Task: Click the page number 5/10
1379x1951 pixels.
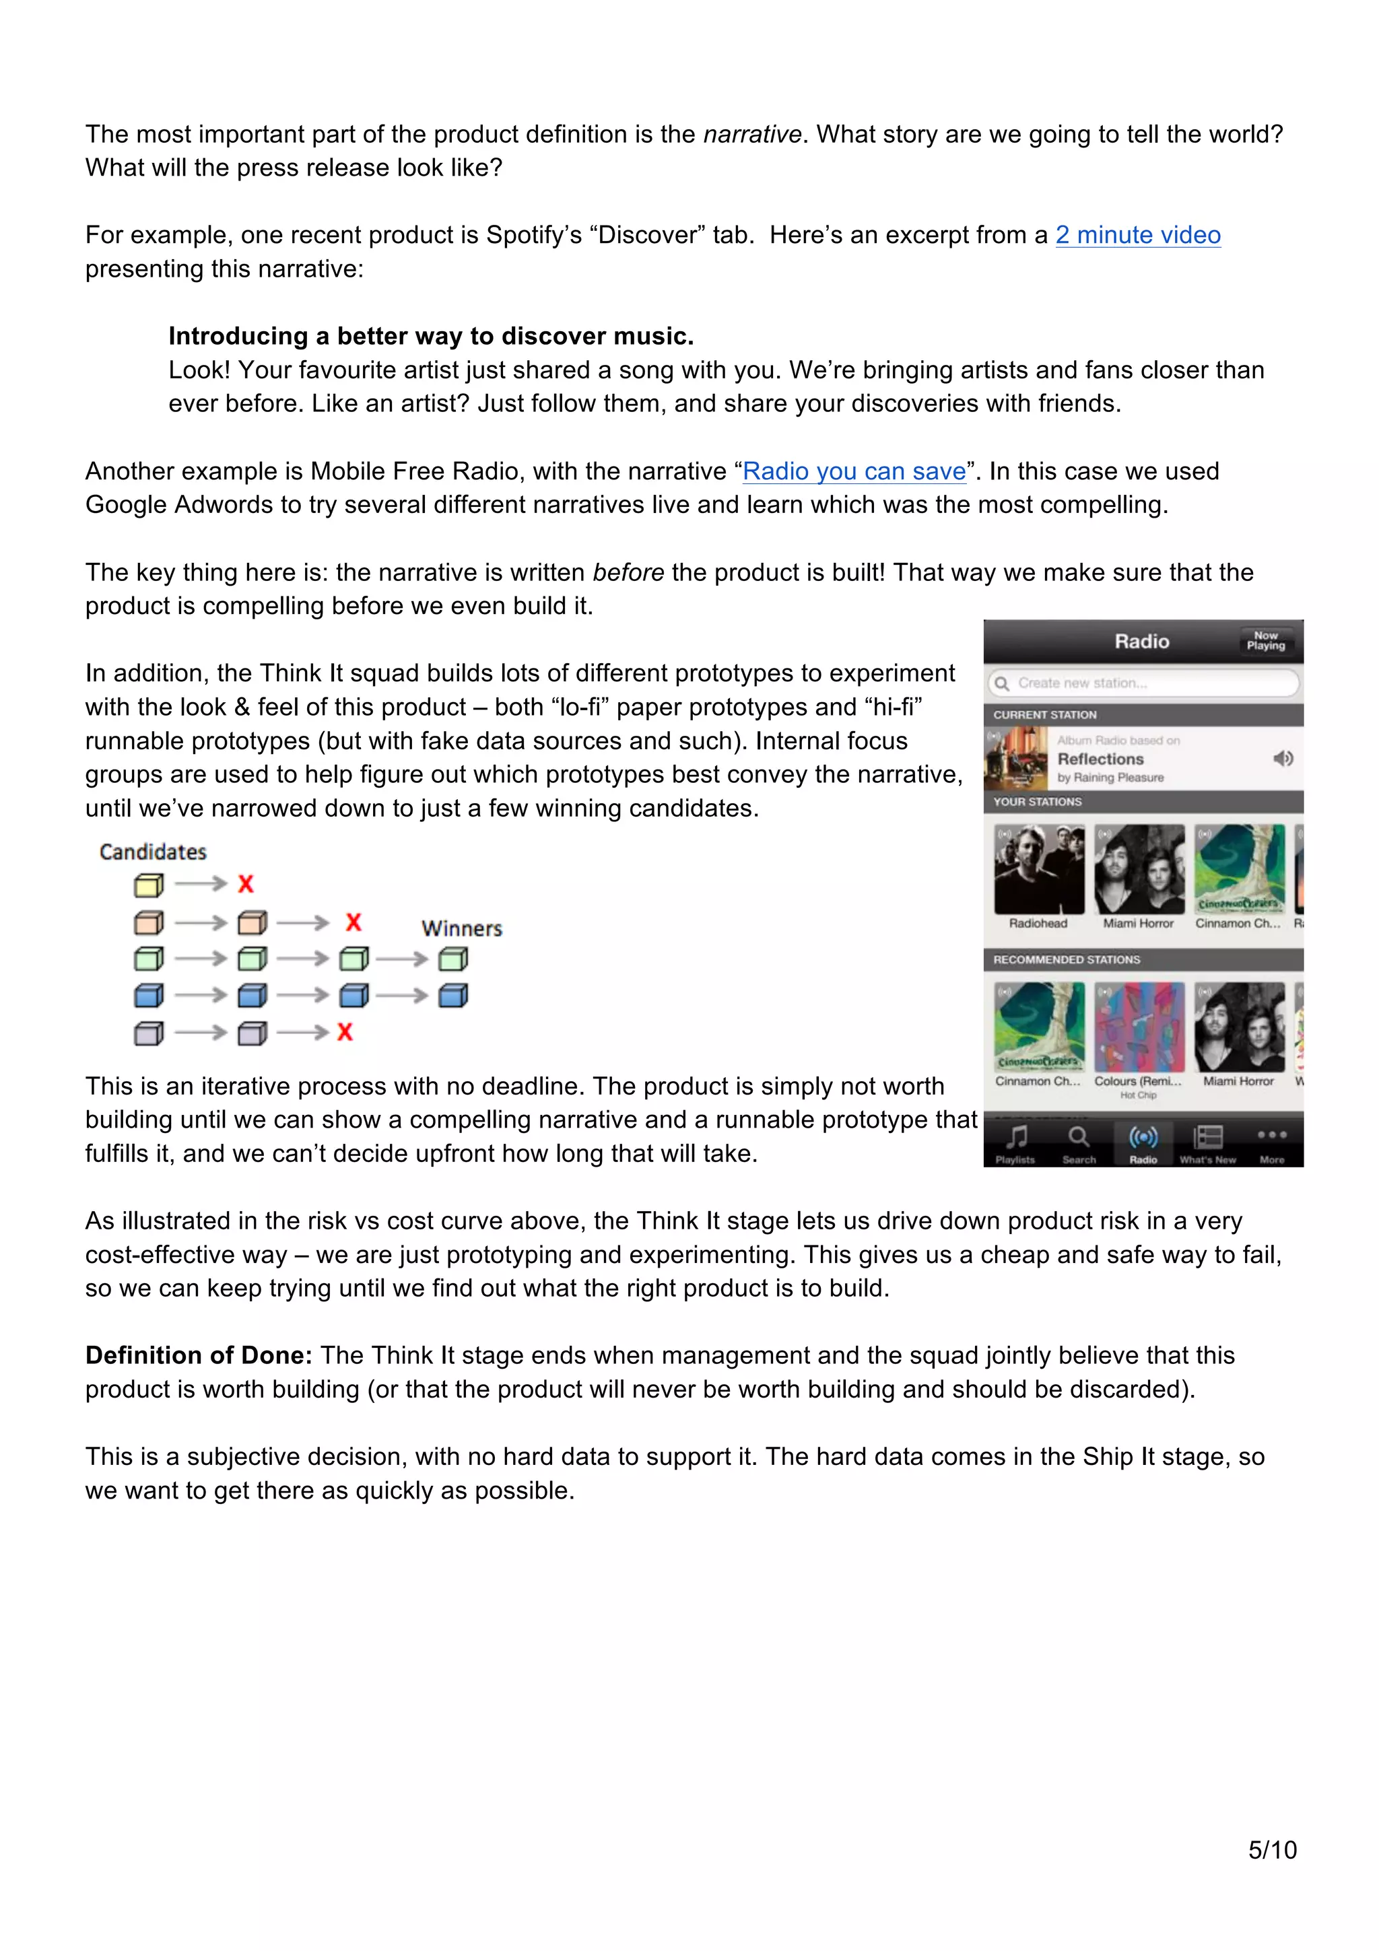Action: (1271, 1849)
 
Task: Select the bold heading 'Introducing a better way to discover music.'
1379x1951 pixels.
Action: (431, 336)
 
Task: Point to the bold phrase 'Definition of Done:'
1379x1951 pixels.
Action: (199, 1355)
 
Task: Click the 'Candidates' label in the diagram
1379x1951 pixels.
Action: (153, 852)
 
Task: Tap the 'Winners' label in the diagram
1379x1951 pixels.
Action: (461, 928)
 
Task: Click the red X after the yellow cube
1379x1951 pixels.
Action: (246, 884)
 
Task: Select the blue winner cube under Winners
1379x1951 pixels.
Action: (453, 995)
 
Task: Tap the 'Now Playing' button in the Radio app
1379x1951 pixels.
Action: (1265, 641)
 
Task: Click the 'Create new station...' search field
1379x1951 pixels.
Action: (1143, 683)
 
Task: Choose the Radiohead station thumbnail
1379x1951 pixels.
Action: (1038, 869)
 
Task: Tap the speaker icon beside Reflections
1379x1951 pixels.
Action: (1283, 758)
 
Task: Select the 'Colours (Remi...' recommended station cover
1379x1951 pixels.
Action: (1139, 1027)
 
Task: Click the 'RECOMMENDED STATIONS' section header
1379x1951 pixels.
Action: (1067, 959)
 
